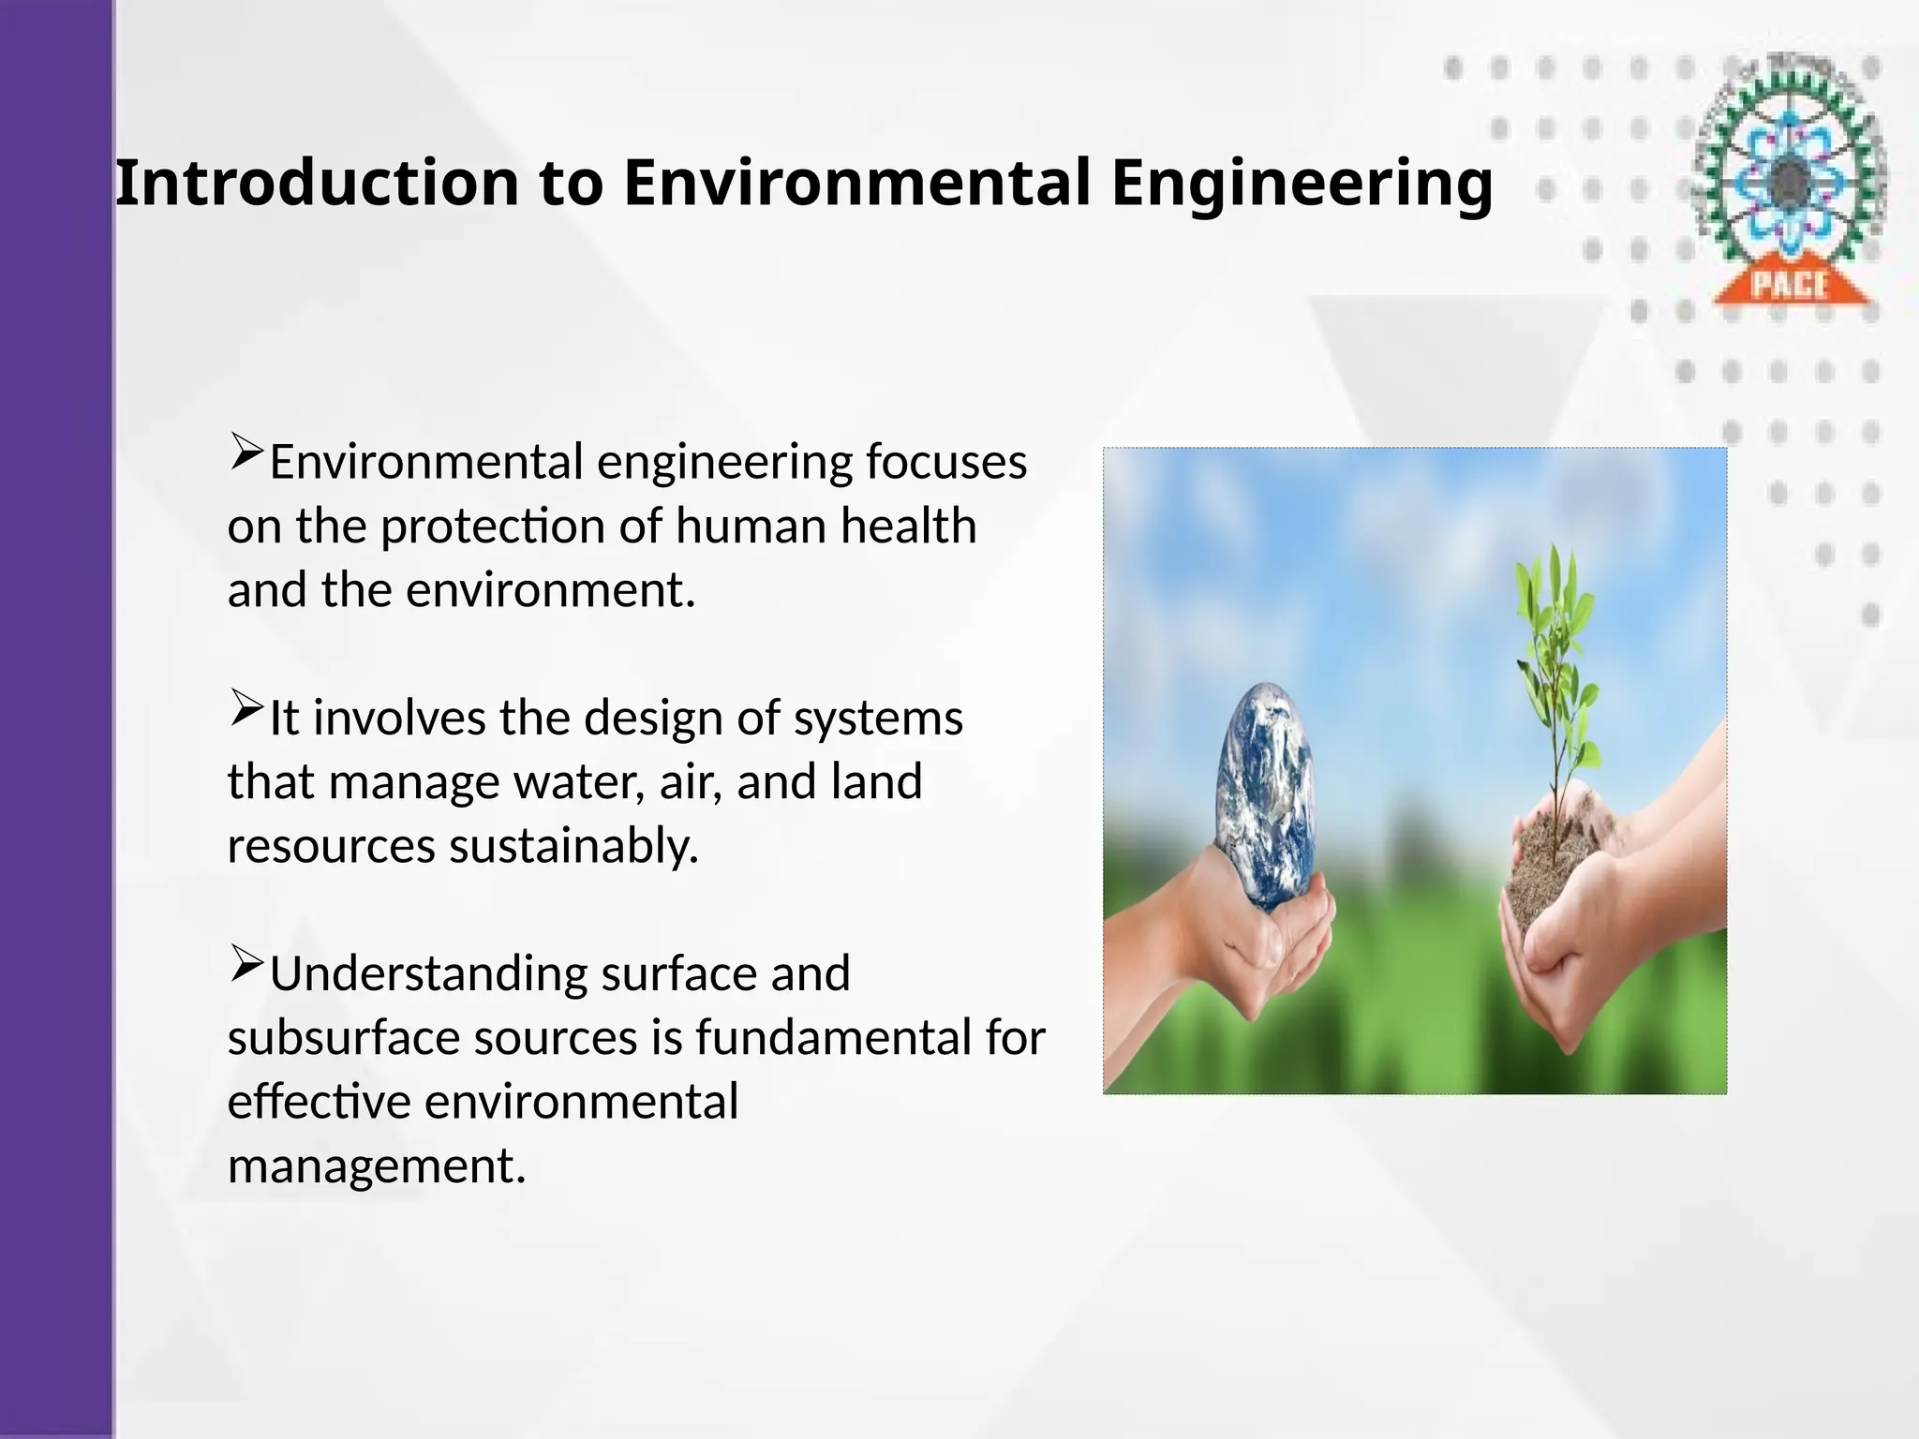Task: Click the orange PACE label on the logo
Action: (1790, 285)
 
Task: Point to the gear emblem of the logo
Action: (1790, 173)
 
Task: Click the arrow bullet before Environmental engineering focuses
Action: (246, 452)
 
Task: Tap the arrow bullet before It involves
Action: (246, 708)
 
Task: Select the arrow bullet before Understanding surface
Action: (246, 964)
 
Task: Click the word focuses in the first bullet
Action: (945, 463)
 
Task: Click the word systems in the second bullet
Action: (878, 719)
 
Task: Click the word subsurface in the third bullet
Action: (343, 1038)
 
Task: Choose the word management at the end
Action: (376, 1166)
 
